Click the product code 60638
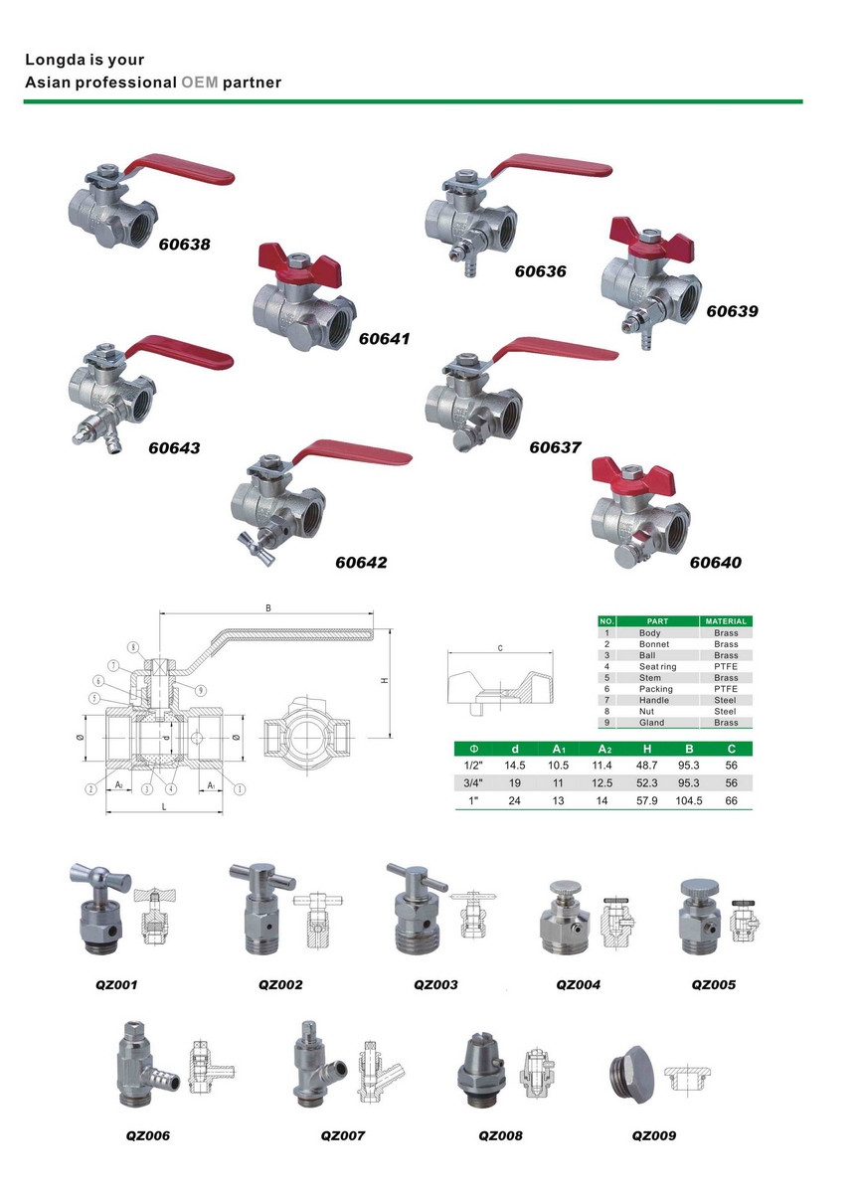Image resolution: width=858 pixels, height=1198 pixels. coord(185,245)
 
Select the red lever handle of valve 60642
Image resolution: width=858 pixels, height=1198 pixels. coord(352,454)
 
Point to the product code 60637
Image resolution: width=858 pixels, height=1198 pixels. coord(555,447)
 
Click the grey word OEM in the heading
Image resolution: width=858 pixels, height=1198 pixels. coord(200,83)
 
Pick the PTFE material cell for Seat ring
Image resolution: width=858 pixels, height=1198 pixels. coord(726,666)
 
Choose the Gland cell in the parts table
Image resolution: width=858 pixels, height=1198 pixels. coord(651,723)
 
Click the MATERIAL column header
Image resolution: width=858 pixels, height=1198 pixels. coord(726,621)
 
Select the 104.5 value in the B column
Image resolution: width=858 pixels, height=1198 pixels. coord(688,800)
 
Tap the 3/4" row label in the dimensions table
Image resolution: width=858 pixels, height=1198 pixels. coord(473,783)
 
